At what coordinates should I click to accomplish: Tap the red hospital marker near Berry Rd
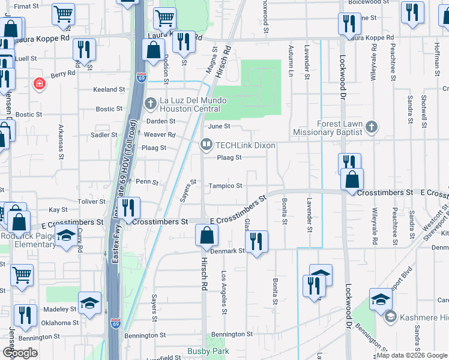click(40, 83)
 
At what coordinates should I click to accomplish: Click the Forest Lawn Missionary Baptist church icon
click(372, 127)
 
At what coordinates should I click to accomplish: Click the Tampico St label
click(225, 186)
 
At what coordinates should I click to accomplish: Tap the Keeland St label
click(109, 89)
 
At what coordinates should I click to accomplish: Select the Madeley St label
click(61, 309)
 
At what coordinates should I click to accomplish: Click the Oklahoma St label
click(60, 322)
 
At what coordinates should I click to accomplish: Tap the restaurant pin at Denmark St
click(257, 242)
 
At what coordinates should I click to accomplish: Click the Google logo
click(20, 353)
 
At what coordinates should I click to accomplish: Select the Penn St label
click(146, 181)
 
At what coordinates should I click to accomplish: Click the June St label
click(219, 127)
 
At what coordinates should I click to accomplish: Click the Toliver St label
click(91, 202)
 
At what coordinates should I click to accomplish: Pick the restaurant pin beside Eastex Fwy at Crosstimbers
click(128, 208)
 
